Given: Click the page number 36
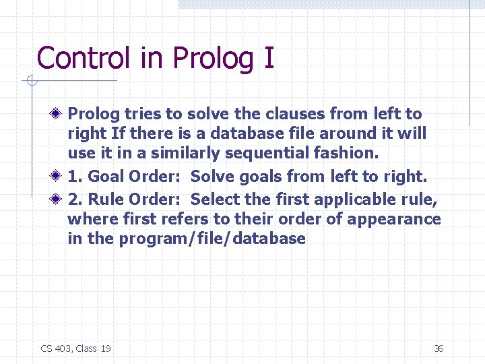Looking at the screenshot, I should click(x=439, y=348).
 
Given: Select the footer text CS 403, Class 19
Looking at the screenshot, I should click(x=76, y=348).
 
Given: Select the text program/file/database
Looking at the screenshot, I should click(x=212, y=239).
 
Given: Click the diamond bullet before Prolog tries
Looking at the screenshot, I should click(x=59, y=114).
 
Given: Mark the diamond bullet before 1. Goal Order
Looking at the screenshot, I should click(x=59, y=177).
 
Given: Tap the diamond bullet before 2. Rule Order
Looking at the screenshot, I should click(x=59, y=200).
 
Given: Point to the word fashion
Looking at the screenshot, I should click(x=349, y=153).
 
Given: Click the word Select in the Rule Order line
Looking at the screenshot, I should click(x=213, y=200).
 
